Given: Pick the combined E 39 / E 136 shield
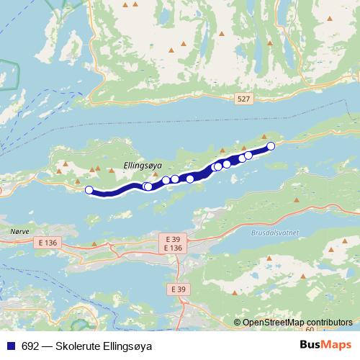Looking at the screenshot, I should click(x=173, y=243).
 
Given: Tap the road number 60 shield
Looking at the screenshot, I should click(x=310, y=329).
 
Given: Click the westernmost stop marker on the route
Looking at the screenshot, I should click(x=89, y=190).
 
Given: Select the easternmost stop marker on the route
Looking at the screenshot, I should click(x=271, y=146).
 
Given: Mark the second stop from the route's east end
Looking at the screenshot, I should click(x=248, y=155).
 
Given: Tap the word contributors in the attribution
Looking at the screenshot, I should click(x=328, y=323).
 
